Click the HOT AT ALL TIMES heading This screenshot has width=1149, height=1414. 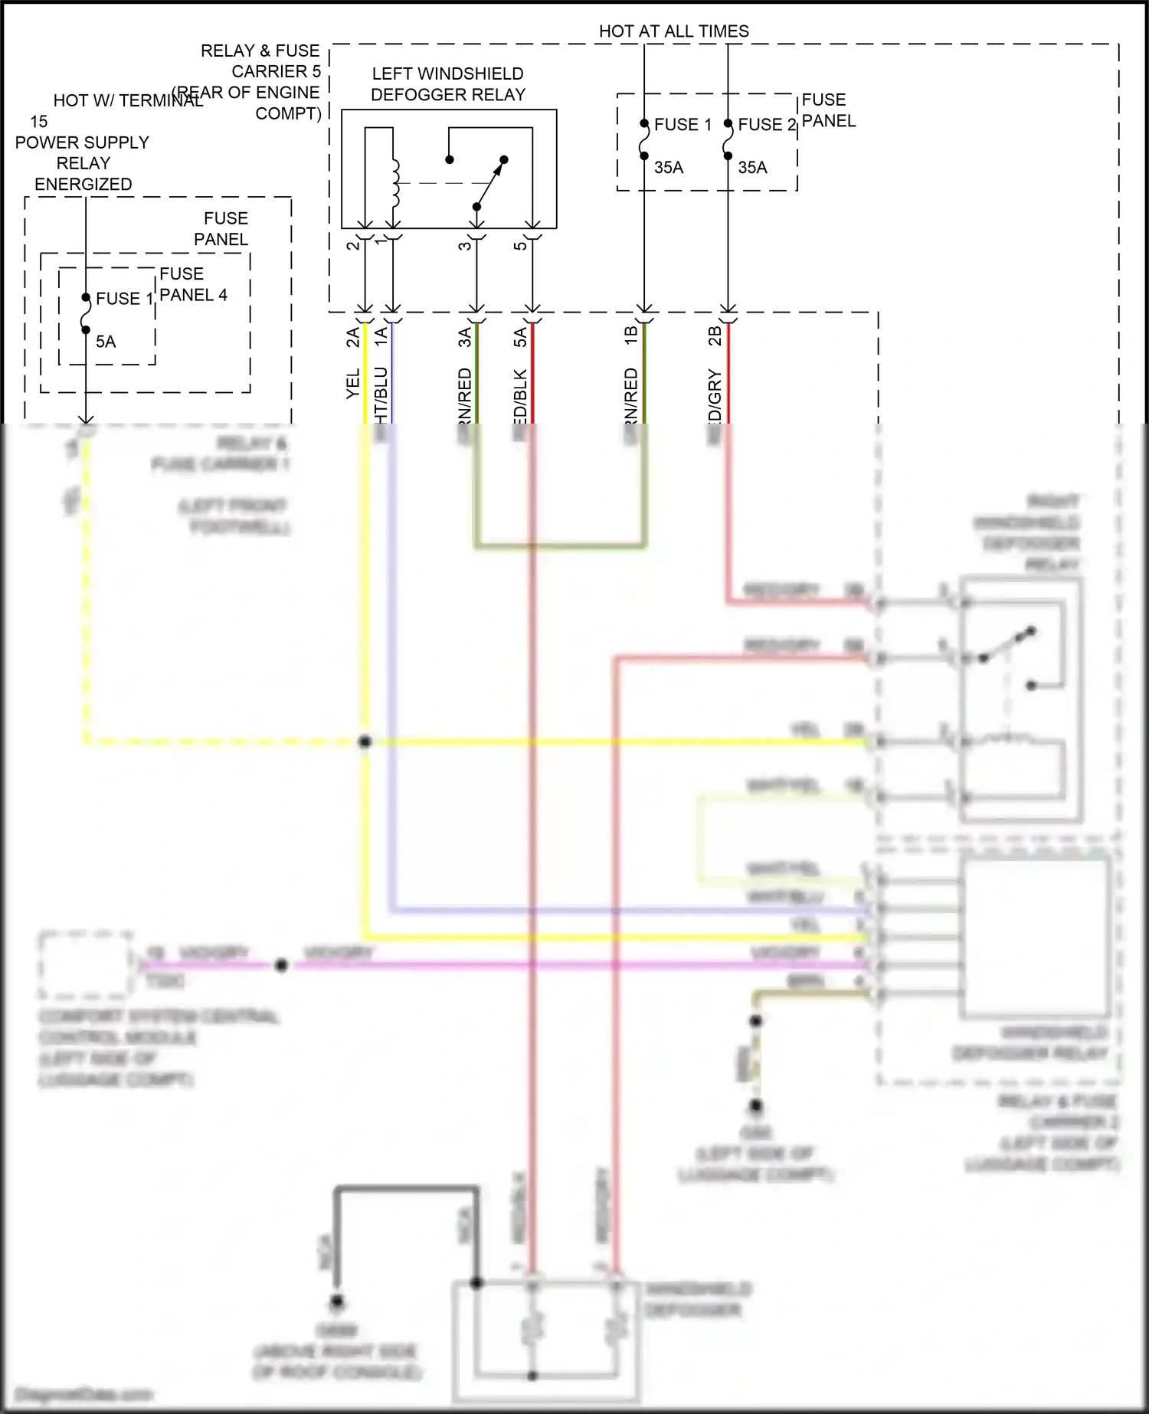pos(673,31)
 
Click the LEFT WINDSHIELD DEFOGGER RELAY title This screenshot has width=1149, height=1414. pos(448,84)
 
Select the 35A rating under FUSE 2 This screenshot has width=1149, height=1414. pos(752,168)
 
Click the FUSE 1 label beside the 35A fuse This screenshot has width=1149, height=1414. pos(683,125)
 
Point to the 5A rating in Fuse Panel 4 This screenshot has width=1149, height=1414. pos(106,342)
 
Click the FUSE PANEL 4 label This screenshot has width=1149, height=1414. pos(193,284)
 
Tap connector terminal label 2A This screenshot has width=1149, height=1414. pos(353,337)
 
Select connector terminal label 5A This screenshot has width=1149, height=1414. pos(520,337)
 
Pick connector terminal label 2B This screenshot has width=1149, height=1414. pos(715,336)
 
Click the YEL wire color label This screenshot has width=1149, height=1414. pos(353,384)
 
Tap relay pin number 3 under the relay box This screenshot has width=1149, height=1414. pos(464,246)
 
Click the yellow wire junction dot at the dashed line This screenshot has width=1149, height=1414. pos(365,742)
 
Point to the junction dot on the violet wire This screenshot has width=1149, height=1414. pos(281,966)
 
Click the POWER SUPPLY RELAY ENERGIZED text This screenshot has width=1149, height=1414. pos(83,163)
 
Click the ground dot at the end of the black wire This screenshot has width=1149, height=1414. pos(336,1301)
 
